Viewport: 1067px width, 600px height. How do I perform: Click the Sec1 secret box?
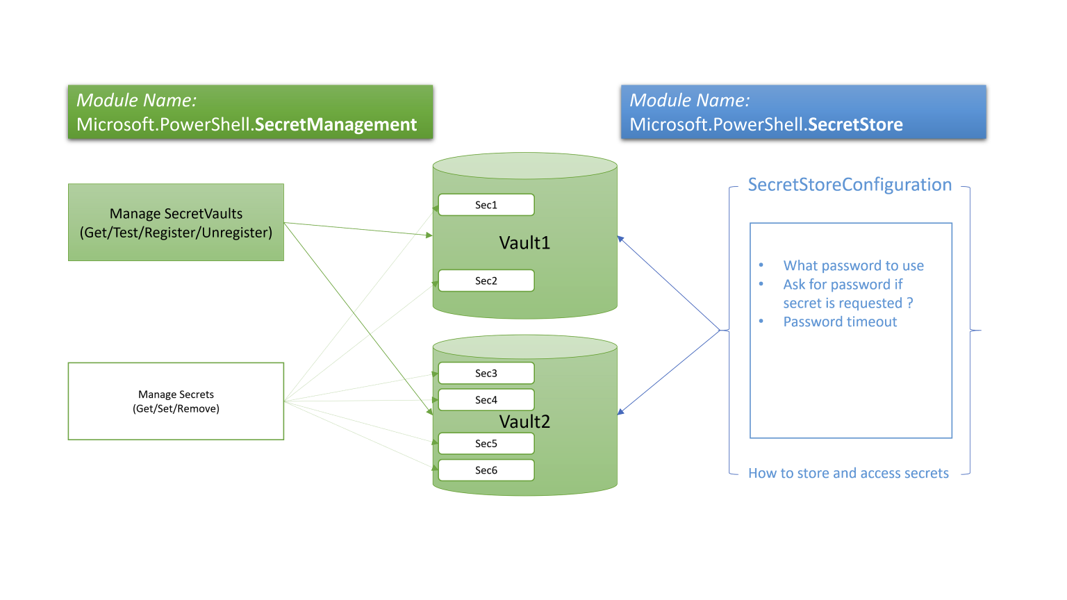click(x=486, y=205)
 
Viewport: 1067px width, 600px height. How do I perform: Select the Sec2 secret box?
click(x=486, y=281)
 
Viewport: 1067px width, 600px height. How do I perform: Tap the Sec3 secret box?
click(x=486, y=373)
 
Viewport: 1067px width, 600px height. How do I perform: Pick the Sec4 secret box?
click(x=486, y=400)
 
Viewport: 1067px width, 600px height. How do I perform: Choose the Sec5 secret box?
click(x=486, y=443)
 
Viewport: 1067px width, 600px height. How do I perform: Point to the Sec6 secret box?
click(x=486, y=470)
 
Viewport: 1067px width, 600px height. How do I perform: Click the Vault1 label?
click(x=524, y=243)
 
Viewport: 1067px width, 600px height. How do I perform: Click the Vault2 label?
click(x=524, y=422)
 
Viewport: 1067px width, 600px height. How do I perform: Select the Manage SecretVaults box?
click(x=176, y=222)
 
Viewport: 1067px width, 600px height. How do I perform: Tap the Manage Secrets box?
click(x=176, y=401)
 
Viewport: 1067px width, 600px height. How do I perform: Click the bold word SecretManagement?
click(x=336, y=124)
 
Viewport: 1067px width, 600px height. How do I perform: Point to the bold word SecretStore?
click(x=855, y=124)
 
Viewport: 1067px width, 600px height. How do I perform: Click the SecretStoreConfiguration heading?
click(x=850, y=185)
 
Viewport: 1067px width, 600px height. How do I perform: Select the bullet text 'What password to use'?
click(x=853, y=265)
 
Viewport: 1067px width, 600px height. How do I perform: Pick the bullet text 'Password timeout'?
click(x=840, y=322)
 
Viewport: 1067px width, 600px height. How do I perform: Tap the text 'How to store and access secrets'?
click(x=848, y=473)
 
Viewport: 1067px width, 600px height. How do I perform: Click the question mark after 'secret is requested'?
click(x=909, y=303)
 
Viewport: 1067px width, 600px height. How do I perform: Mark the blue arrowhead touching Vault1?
click(x=620, y=239)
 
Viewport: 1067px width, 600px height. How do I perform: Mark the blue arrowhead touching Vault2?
click(x=620, y=412)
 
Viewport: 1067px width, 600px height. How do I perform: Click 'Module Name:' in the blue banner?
click(x=689, y=101)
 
